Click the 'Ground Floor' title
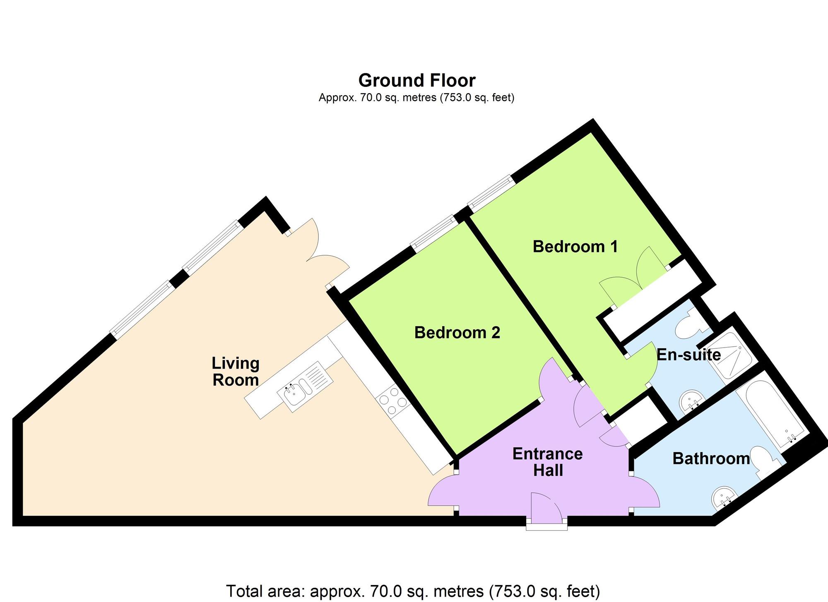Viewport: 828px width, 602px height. [417, 80]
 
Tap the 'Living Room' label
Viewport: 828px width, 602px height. [236, 372]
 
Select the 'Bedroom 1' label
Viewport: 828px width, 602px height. [575, 247]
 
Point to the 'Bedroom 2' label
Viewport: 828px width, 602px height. [457, 333]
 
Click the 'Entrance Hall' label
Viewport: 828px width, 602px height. [548, 462]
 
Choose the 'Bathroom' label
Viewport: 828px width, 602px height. [711, 458]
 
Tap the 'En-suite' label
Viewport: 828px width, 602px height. [689, 355]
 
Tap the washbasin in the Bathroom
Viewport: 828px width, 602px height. [724, 497]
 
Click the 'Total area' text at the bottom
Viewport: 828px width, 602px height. [413, 591]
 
